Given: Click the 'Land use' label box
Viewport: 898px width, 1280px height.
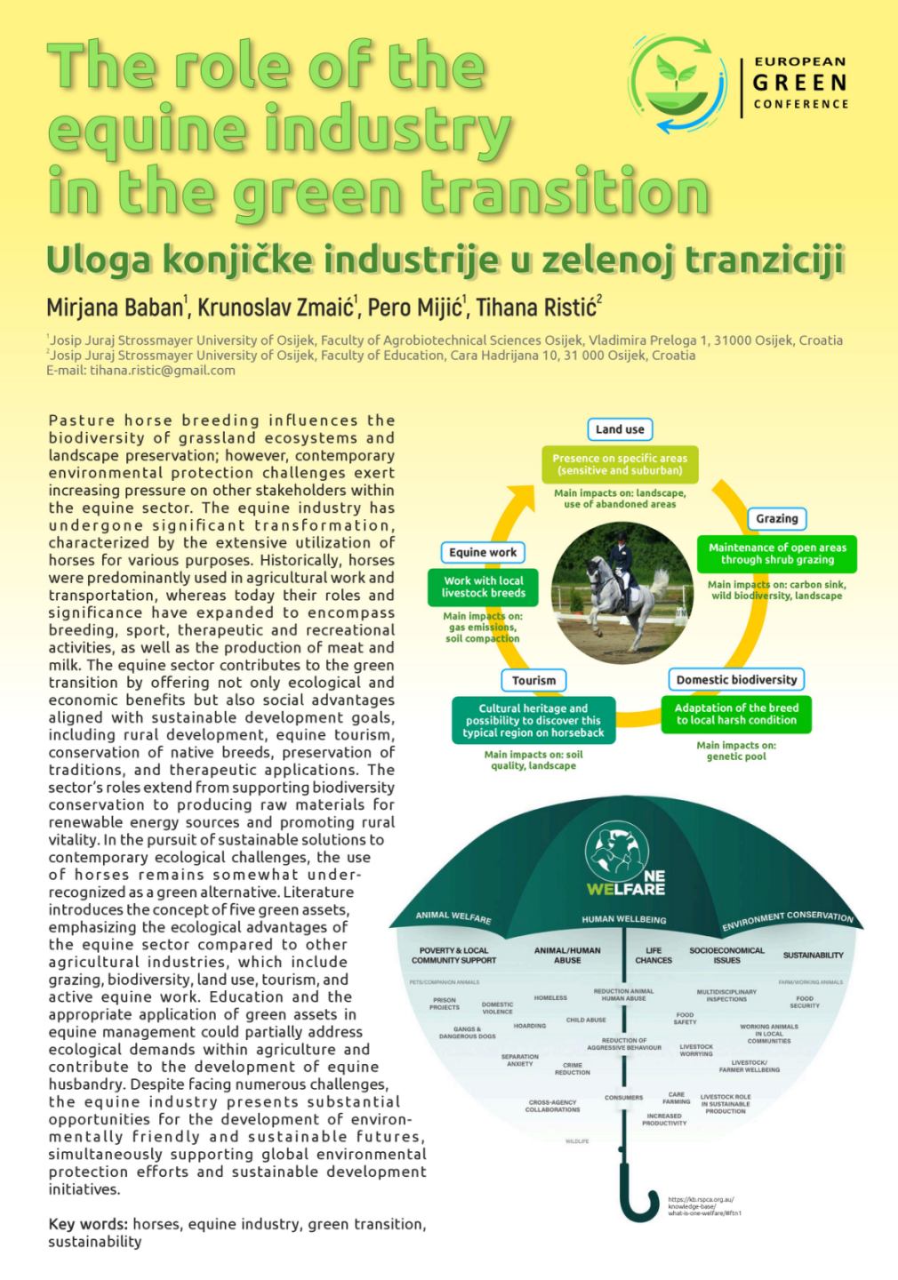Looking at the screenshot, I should [620, 429].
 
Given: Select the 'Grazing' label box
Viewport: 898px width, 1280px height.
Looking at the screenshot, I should [776, 518].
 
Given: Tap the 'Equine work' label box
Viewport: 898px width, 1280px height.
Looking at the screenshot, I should [483, 552].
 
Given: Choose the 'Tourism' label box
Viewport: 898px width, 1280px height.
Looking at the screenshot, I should [533, 681].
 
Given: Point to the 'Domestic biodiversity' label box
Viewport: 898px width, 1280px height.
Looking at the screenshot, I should [736, 680].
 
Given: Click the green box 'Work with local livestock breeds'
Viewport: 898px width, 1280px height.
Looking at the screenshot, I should [484, 587].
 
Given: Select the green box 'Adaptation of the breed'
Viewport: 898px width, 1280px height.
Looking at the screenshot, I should [736, 714].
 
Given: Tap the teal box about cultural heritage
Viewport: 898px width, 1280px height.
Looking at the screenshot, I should [533, 721].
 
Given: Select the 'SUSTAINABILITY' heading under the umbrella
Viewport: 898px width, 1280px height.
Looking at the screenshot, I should [813, 956].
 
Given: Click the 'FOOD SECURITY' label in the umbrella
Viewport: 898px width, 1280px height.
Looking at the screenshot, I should [805, 1002].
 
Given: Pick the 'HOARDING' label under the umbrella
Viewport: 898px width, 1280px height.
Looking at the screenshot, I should [530, 1026].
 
